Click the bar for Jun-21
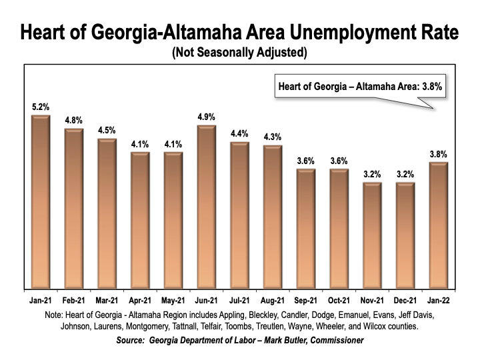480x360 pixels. tap(207, 207)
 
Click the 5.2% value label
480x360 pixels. tap(41, 107)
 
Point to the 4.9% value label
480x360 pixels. tap(207, 117)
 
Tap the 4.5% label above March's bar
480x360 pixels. tap(107, 130)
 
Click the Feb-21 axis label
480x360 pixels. tap(74, 300)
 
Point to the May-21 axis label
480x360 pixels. tap(173, 300)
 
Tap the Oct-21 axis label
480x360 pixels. tap(339, 300)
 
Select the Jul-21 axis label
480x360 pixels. tap(240, 300)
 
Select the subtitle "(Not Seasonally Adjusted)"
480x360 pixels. tap(239, 52)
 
